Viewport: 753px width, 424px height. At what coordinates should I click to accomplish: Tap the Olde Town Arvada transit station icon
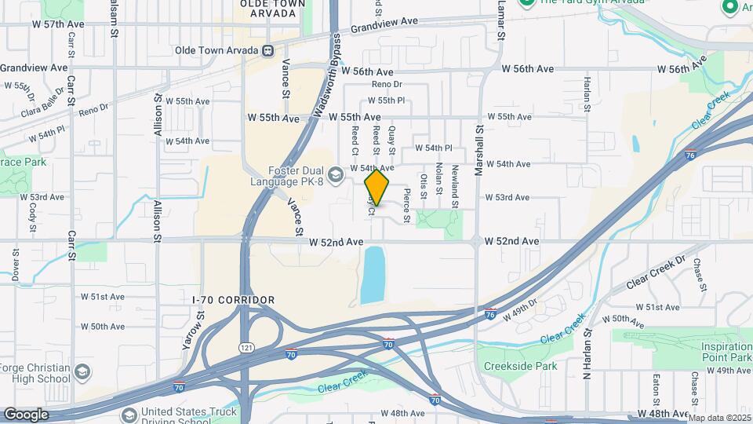[268, 51]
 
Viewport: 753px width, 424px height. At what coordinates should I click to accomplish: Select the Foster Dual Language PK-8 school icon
[336, 173]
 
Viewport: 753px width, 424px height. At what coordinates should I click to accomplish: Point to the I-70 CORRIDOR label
[234, 300]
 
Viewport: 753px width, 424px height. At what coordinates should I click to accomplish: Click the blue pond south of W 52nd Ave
[373, 275]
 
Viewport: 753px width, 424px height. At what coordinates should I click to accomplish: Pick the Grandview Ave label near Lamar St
[384, 26]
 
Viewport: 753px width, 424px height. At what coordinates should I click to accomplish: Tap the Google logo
[26, 414]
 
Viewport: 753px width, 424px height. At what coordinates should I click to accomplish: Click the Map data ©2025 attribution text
[718, 418]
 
